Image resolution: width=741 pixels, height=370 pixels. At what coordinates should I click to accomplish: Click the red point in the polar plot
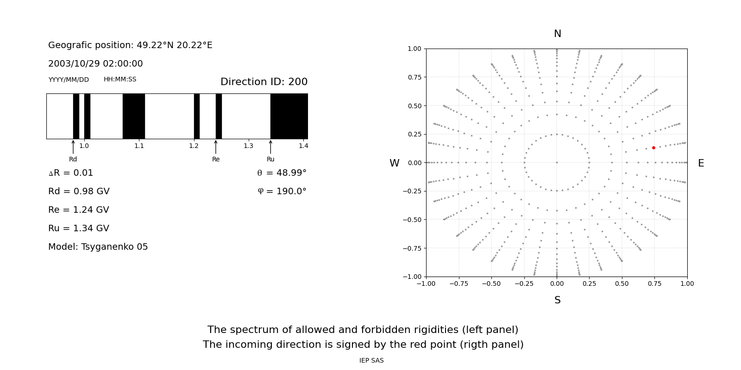click(x=653, y=148)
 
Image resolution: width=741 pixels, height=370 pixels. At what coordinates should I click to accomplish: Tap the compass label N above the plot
click(x=557, y=34)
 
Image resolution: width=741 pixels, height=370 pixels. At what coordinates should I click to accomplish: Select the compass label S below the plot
click(x=557, y=300)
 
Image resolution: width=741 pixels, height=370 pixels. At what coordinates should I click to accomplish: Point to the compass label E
click(x=701, y=163)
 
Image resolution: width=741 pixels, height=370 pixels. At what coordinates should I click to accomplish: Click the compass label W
click(x=394, y=163)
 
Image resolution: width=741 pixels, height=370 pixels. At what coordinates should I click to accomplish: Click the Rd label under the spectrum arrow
click(x=73, y=160)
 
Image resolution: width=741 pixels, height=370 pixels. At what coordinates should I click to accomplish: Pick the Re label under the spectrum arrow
click(x=216, y=160)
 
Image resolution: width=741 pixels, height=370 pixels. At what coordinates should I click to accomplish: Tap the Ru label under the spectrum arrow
click(x=270, y=160)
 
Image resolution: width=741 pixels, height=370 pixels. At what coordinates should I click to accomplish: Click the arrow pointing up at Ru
click(x=270, y=147)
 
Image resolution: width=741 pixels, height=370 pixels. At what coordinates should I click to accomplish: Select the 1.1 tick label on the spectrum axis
click(x=139, y=146)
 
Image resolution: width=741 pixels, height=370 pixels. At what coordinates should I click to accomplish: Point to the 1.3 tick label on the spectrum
click(x=249, y=146)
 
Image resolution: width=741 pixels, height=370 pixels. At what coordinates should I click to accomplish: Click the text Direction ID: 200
click(x=264, y=82)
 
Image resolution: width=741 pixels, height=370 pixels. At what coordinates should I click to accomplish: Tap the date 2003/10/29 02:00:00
click(x=95, y=64)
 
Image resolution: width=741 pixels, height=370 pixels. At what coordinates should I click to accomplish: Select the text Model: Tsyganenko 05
click(x=98, y=247)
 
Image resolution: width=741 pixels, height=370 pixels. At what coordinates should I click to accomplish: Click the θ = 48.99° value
click(x=282, y=173)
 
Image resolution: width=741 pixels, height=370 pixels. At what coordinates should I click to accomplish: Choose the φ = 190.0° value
click(x=282, y=191)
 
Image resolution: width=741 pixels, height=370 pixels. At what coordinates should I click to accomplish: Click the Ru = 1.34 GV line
click(x=79, y=228)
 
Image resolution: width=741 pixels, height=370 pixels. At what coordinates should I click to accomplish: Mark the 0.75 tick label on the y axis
click(x=414, y=77)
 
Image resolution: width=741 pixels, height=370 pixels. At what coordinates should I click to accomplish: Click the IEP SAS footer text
click(x=371, y=361)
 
